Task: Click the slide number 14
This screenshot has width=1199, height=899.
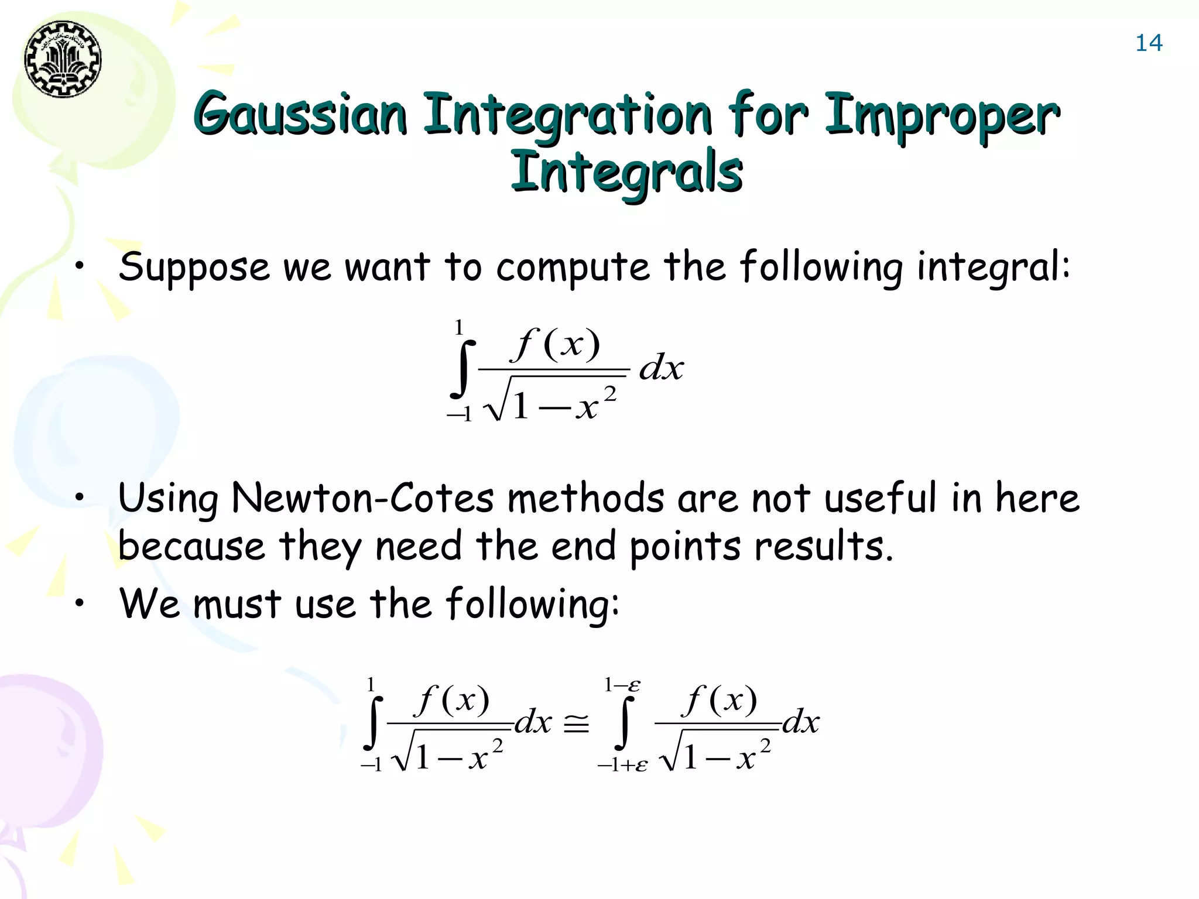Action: coord(1149,43)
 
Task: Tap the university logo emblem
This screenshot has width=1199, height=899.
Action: coord(63,59)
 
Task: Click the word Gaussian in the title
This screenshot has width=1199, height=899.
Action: coord(300,114)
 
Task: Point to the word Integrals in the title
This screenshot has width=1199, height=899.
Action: coord(626,172)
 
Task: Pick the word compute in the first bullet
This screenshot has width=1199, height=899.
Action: coord(573,267)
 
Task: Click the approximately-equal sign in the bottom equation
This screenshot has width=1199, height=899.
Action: coord(576,726)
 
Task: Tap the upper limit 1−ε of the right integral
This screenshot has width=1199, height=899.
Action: coord(622,685)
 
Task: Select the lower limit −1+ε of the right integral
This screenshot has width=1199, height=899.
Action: coord(622,765)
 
